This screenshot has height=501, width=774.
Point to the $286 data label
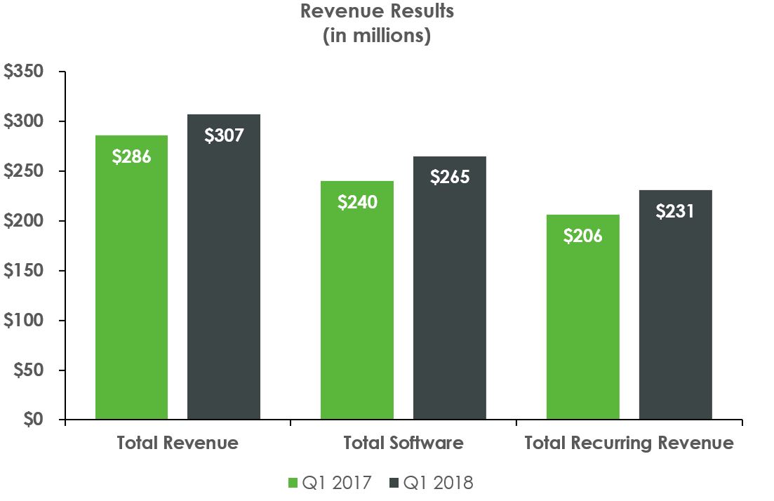[131, 156]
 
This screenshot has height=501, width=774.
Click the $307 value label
[224, 135]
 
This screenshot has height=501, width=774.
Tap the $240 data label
[357, 202]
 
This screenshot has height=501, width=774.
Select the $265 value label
[450, 177]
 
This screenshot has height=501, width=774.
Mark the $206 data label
[583, 236]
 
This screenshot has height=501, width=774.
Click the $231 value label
[675, 211]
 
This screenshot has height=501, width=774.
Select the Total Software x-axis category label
[403, 443]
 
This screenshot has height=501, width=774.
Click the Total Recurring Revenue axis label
[629, 443]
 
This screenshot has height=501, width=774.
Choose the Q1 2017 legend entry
[330, 483]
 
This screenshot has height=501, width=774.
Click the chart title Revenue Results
[377, 12]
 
